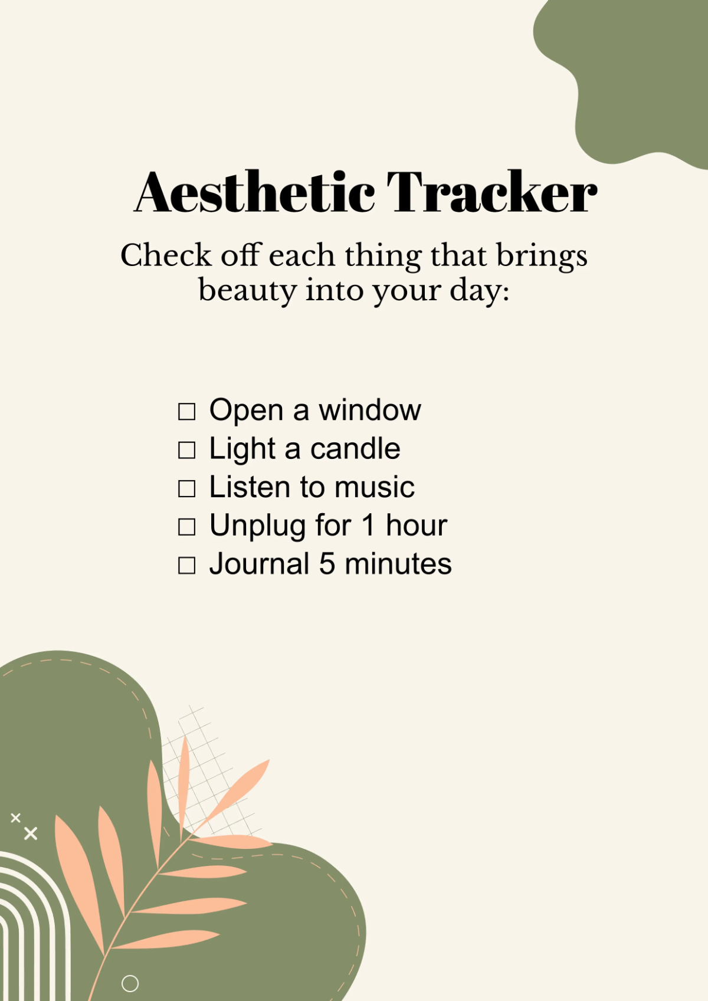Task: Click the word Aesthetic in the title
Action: tap(255, 192)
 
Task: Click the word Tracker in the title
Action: tap(491, 192)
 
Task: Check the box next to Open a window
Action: tap(186, 412)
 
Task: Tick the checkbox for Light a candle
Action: tap(186, 450)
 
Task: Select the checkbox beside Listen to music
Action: tap(186, 488)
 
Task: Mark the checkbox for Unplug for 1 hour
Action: tap(186, 527)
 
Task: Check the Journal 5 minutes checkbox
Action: tap(186, 565)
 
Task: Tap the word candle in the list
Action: tap(355, 449)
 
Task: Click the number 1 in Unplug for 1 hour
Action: tap(368, 526)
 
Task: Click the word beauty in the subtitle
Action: tap(247, 290)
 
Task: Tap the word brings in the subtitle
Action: tap(541, 256)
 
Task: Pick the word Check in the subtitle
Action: tap(166, 256)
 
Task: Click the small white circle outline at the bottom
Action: tap(130, 983)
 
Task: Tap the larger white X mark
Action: tap(31, 833)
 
